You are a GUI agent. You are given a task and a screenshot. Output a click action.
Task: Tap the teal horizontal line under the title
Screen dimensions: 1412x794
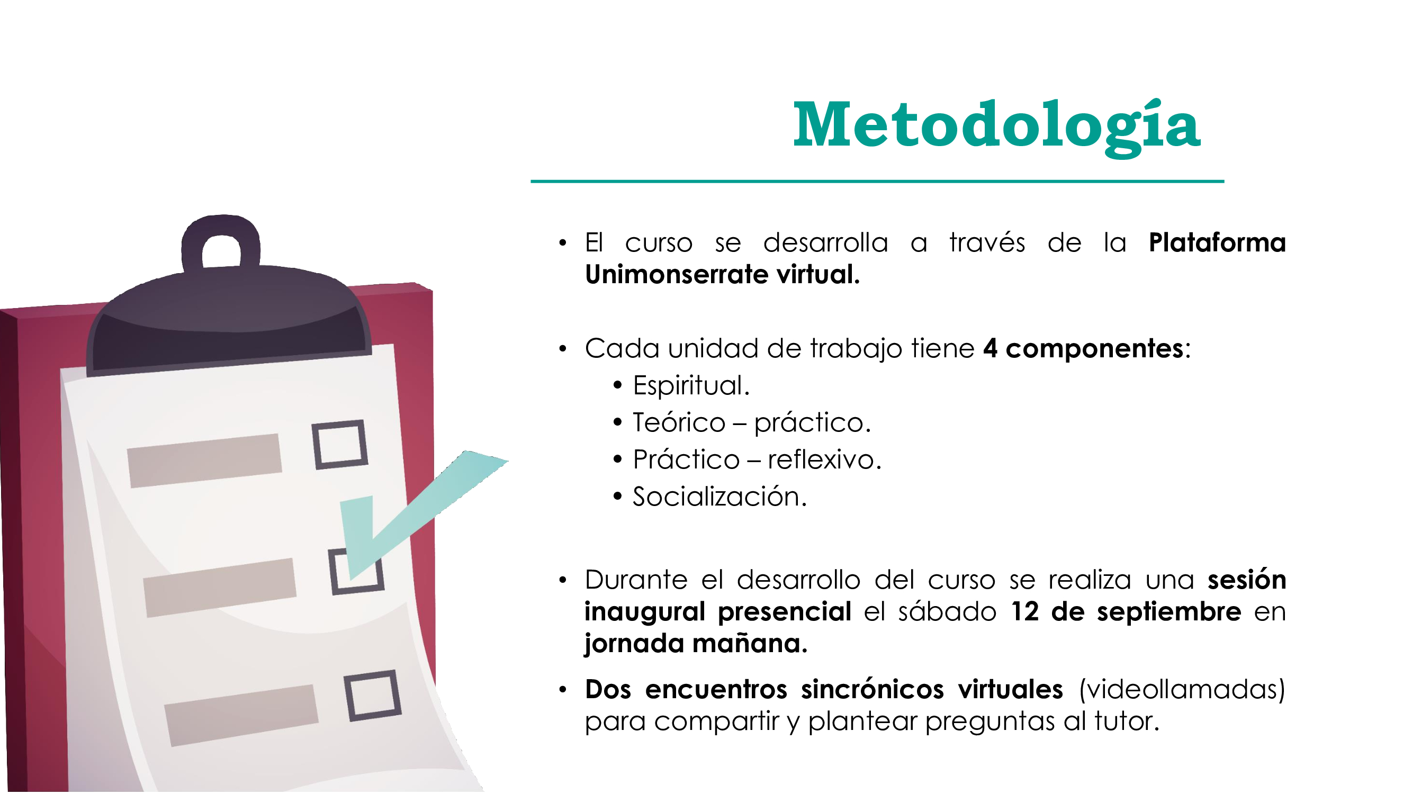tap(877, 181)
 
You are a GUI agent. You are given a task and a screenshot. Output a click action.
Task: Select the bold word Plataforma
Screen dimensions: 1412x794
tap(1217, 243)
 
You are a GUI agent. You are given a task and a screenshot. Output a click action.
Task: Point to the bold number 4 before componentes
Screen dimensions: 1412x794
tap(990, 348)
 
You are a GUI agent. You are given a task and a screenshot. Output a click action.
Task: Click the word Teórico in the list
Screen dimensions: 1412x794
tap(679, 422)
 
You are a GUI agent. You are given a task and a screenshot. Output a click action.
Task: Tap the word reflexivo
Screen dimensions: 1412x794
tap(823, 459)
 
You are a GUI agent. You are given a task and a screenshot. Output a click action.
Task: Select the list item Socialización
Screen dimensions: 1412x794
tap(719, 497)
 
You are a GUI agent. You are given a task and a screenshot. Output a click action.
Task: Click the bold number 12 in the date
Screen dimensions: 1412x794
tap(1024, 611)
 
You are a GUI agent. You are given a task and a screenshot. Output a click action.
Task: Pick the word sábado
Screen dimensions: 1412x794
tap(947, 611)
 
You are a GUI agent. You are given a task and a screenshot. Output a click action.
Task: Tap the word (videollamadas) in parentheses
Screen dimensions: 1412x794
tap(1182, 690)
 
